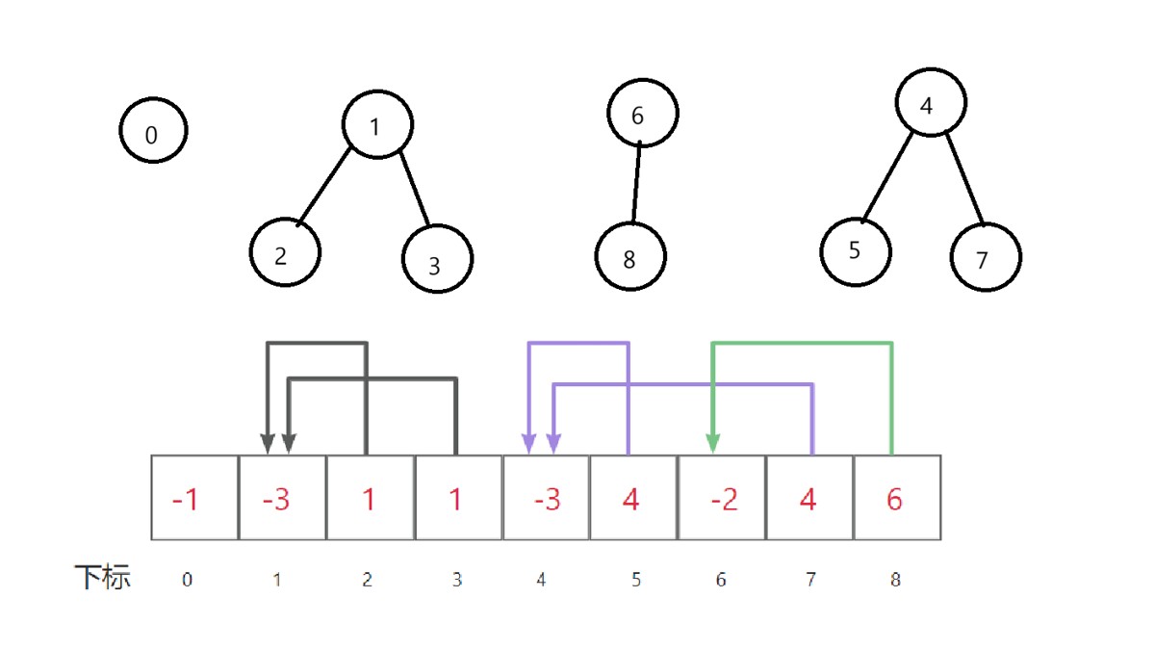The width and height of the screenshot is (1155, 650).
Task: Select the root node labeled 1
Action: pos(377,124)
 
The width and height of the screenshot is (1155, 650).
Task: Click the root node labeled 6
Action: pos(642,113)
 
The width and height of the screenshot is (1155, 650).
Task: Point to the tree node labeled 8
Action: pos(630,257)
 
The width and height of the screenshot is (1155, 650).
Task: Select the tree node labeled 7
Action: pos(985,257)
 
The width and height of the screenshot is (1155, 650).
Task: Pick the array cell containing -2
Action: pos(721,498)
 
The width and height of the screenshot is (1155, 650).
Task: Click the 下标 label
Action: pos(102,578)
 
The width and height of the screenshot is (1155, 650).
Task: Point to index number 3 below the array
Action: pos(456,580)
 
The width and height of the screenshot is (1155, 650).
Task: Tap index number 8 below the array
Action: pos(895,580)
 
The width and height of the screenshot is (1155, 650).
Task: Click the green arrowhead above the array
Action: pos(713,442)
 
